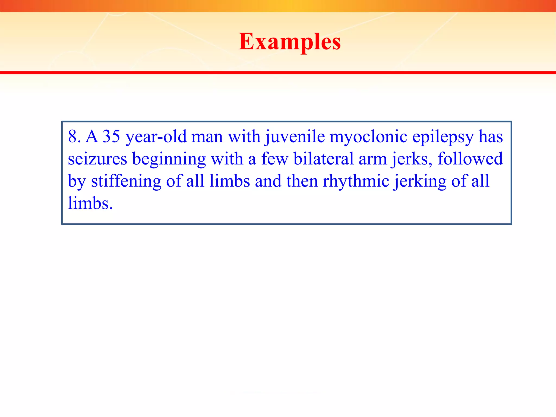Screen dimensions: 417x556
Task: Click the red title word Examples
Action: pyautogui.click(x=290, y=42)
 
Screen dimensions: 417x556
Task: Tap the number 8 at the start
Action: pyautogui.click(x=73, y=136)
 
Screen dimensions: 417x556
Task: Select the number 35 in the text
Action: pyautogui.click(x=111, y=136)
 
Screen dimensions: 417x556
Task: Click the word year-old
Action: pyautogui.click(x=156, y=137)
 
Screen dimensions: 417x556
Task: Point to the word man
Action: pyautogui.click(x=207, y=137)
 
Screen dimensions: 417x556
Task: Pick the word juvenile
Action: pyautogui.click(x=295, y=137)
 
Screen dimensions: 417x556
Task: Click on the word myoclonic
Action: pyautogui.click(x=368, y=137)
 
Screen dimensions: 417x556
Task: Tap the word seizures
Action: pyautogui.click(x=97, y=159)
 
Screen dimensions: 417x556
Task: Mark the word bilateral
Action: pyautogui.click(x=323, y=159)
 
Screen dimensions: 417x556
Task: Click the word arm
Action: pyautogui.click(x=372, y=159)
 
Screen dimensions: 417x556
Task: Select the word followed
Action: pyautogui.click(x=470, y=159)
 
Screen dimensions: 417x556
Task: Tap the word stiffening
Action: pyautogui.click(x=126, y=181)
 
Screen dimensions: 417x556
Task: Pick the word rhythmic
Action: pyautogui.click(x=356, y=181)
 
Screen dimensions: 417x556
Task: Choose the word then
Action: pyautogui.click(x=302, y=181)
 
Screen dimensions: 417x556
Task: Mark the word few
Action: pyautogui.click(x=274, y=159)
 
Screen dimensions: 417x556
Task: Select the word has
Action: pyautogui.click(x=491, y=136)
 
